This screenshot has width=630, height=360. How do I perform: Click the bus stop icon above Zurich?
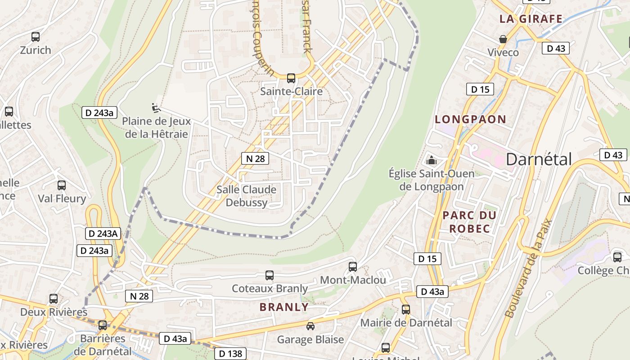(36, 37)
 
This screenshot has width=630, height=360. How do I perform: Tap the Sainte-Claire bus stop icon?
(291, 78)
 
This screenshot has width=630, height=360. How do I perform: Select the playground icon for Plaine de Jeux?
(155, 108)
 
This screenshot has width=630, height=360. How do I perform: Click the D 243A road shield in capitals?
(103, 234)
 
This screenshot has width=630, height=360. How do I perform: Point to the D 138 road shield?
(230, 354)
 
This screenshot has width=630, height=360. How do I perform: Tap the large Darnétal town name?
(539, 159)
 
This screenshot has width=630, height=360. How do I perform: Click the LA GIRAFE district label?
(531, 19)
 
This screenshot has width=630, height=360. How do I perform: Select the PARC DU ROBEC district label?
(469, 222)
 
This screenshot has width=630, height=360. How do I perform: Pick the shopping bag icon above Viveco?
(503, 39)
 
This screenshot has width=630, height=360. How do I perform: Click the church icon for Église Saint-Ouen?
(432, 160)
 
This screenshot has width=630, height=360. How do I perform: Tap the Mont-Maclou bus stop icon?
(353, 267)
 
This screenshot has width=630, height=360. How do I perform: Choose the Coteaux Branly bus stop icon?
(270, 275)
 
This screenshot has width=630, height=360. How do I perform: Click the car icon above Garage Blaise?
(310, 326)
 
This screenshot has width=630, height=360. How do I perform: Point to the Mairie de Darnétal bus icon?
(406, 310)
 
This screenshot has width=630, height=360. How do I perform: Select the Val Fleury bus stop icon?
(62, 185)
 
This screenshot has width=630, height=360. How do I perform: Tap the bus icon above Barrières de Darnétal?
(103, 325)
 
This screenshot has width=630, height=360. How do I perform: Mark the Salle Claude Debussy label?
(246, 196)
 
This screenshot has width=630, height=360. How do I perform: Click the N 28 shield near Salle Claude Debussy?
(255, 158)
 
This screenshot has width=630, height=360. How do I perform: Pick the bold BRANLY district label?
(284, 307)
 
